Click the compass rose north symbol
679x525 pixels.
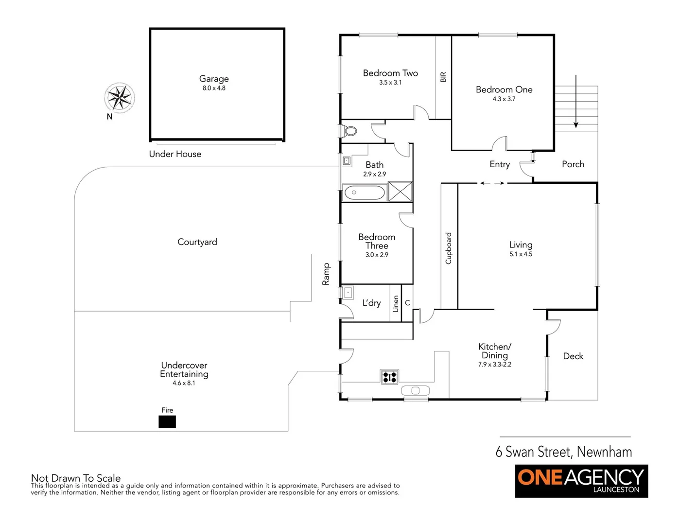(x=119, y=98)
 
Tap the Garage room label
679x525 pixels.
(x=214, y=79)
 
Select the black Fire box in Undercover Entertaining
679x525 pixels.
(x=167, y=421)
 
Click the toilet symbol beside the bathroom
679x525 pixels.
(x=349, y=131)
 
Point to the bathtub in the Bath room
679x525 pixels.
(x=364, y=192)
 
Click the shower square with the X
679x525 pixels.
(x=400, y=191)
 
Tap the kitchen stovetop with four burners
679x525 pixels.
(x=389, y=377)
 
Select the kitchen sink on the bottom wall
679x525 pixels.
(x=415, y=390)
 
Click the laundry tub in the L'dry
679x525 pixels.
(x=348, y=293)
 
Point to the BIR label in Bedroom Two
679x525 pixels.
(x=443, y=77)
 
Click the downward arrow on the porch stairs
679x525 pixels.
(x=576, y=102)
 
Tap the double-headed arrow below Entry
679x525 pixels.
(x=492, y=183)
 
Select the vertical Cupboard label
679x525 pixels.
(x=449, y=248)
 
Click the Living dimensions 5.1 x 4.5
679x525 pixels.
(x=521, y=254)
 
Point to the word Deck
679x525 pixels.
(x=573, y=356)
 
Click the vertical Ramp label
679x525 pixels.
(x=326, y=274)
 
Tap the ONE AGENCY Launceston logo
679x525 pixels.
(x=581, y=481)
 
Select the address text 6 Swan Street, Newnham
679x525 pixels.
(x=563, y=452)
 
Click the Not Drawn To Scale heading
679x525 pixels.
(x=76, y=478)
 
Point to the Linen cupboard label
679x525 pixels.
(x=396, y=304)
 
